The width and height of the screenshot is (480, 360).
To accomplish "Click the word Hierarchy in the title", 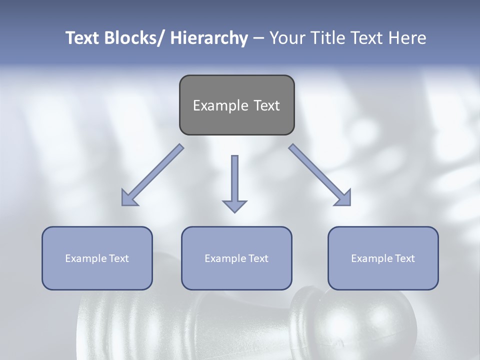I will coord(209,38).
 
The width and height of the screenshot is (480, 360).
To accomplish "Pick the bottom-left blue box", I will coord(97,275).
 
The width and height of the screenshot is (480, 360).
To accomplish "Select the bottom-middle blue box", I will coord(236,275).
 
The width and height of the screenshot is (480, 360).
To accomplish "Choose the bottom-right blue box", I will coord(383,275).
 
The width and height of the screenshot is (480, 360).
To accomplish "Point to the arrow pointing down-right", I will coord(320,175).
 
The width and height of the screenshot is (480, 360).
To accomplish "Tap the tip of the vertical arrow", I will coord(234,211).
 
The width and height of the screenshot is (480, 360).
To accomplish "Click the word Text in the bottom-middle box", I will coord(257,258).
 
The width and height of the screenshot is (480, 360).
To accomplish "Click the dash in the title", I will coord(258,38).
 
